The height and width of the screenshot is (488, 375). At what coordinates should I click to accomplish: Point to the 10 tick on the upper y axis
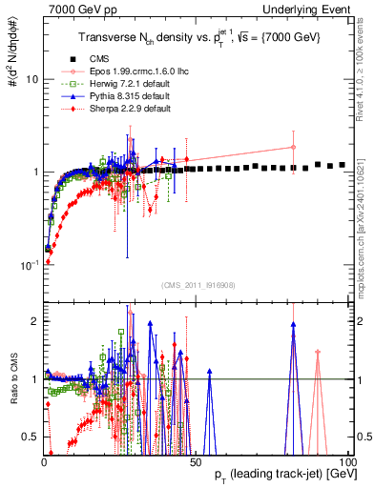click(x=31, y=79)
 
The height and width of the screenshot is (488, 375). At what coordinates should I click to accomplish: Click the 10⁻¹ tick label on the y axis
click(x=29, y=264)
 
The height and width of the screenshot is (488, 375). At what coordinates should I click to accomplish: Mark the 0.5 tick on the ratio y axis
click(x=31, y=437)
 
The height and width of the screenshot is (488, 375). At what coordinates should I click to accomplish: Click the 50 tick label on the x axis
click(x=194, y=459)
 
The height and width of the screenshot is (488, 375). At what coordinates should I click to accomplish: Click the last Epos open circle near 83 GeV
click(x=293, y=147)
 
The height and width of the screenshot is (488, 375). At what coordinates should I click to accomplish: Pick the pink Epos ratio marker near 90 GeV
click(x=318, y=353)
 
